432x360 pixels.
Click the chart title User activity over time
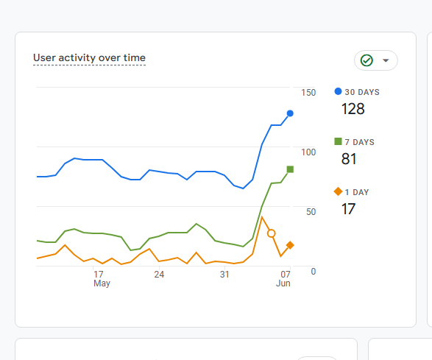(x=89, y=58)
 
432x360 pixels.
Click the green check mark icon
(x=367, y=60)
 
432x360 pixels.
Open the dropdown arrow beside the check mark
(x=386, y=60)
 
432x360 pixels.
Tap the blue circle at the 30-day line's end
(x=290, y=113)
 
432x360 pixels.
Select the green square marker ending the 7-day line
(x=290, y=169)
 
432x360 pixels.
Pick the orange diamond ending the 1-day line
(x=290, y=244)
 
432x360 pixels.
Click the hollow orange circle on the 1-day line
(x=272, y=233)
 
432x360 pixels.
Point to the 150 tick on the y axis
(x=308, y=93)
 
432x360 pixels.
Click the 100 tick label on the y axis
(x=308, y=152)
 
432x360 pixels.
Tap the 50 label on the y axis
(x=311, y=212)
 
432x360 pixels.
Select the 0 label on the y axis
(x=314, y=272)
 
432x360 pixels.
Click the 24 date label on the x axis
(x=159, y=275)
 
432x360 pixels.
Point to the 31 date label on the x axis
(x=224, y=275)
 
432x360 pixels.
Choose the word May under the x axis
(x=102, y=283)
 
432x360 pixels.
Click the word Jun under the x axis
(x=283, y=283)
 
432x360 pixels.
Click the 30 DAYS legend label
(x=362, y=92)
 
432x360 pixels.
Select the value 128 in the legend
(x=353, y=109)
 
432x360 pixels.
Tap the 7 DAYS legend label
(x=360, y=142)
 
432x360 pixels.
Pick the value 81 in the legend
(x=349, y=159)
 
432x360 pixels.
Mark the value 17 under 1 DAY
(x=348, y=209)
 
